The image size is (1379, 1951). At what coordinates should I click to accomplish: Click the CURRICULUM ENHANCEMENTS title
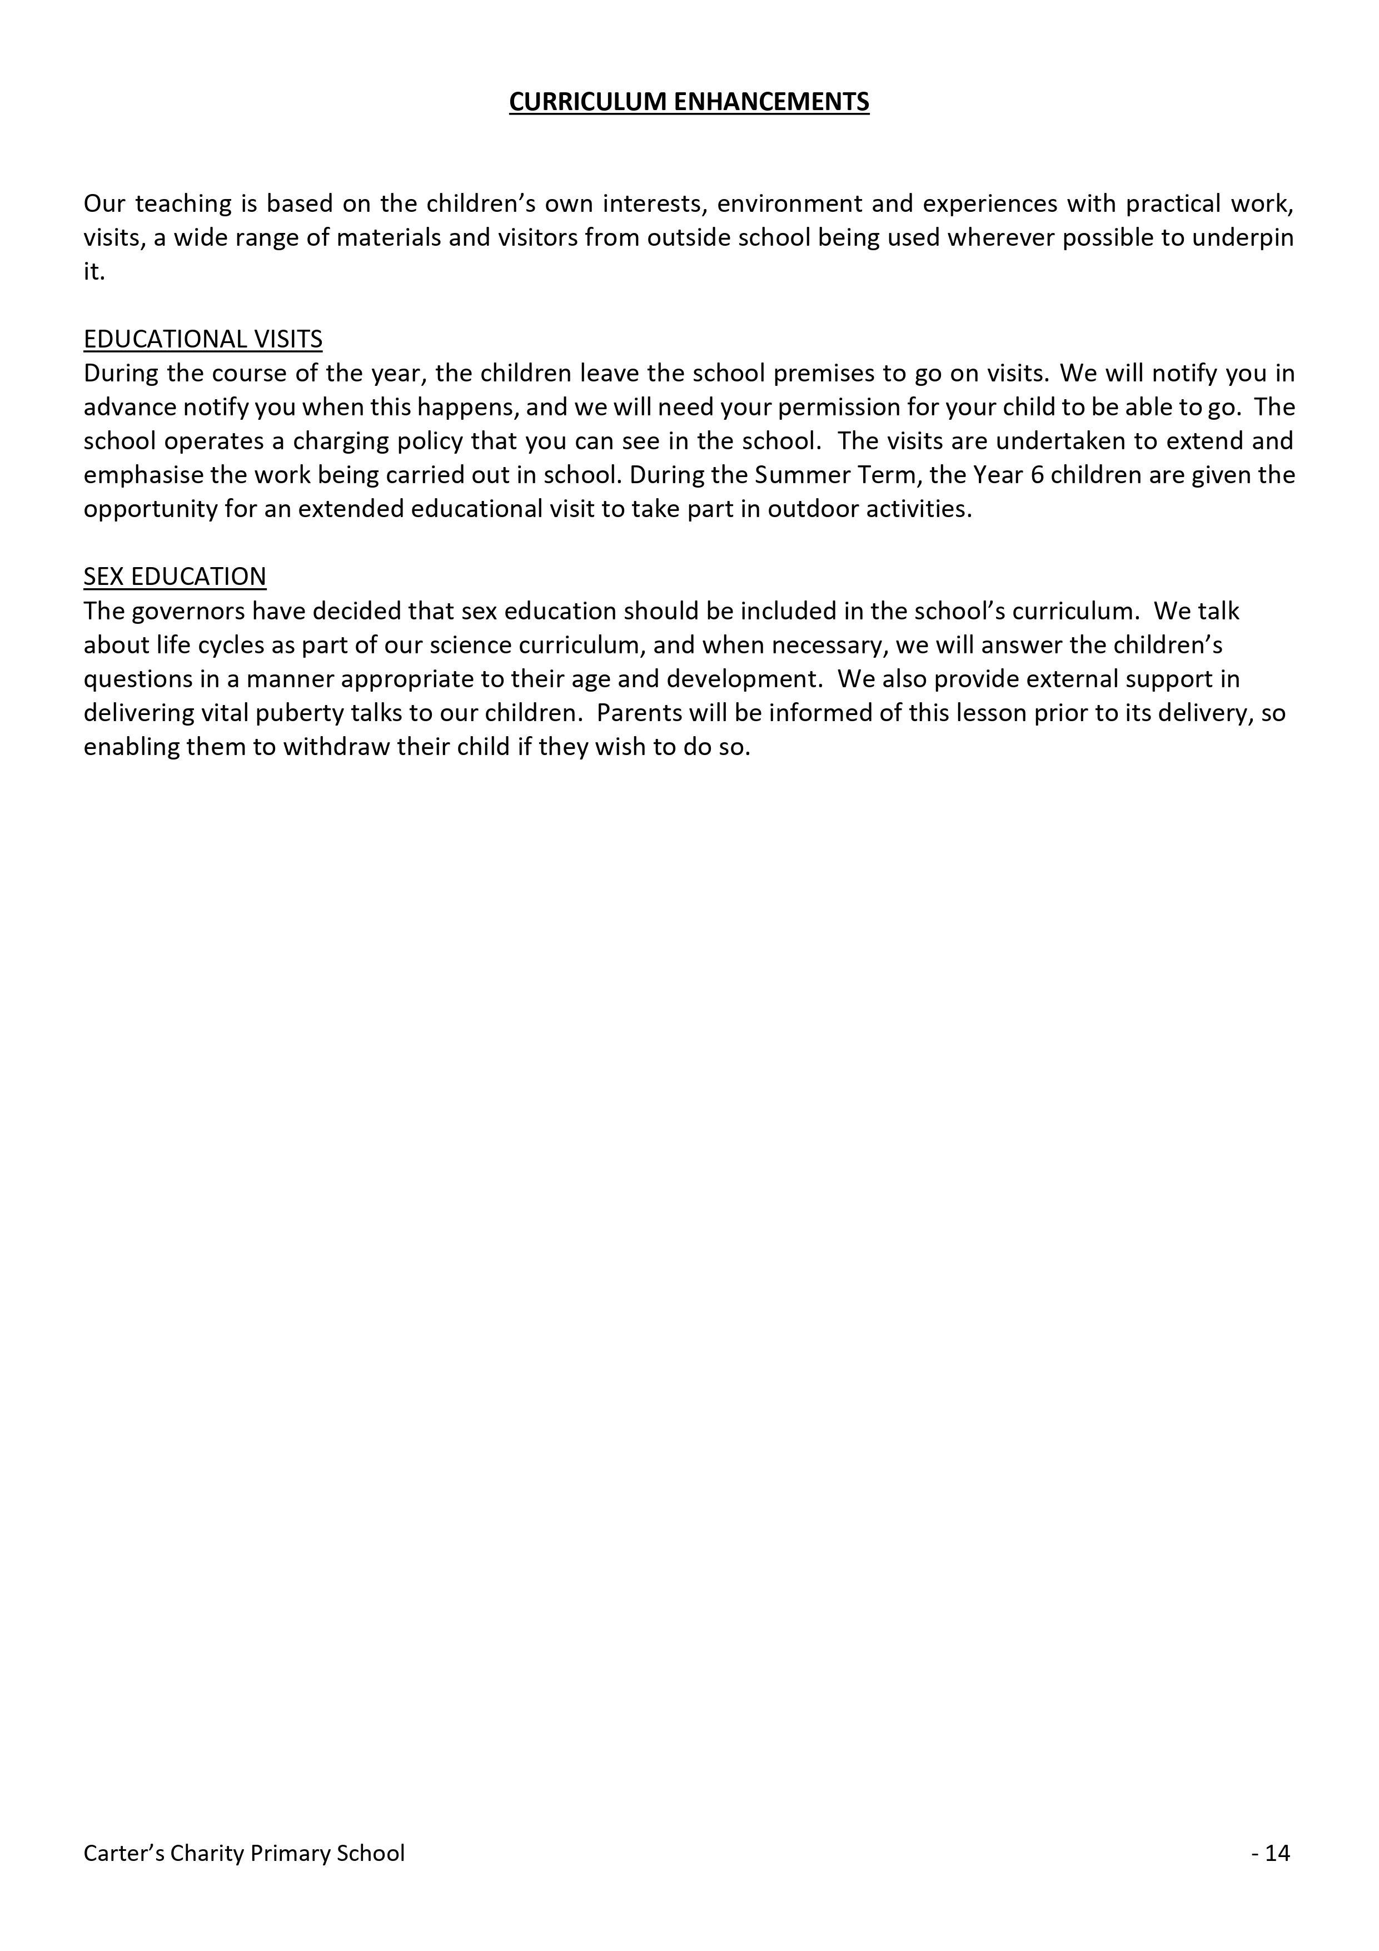689,102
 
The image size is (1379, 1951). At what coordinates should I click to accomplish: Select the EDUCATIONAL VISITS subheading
203,339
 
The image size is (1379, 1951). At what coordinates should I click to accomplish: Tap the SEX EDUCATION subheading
175,576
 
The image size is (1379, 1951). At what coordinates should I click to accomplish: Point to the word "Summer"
794,475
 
